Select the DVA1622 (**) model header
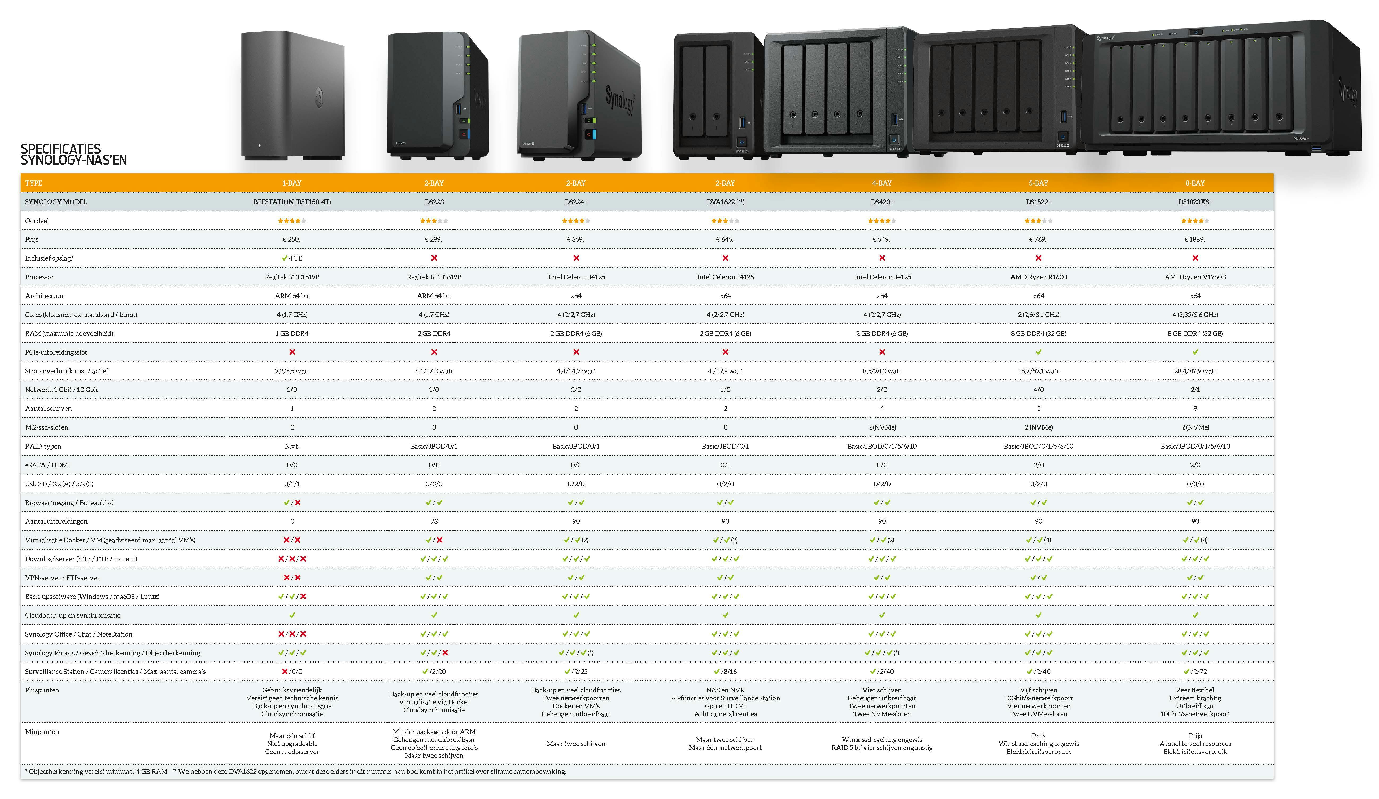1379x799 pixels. pos(725,202)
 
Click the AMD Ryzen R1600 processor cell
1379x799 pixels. pos(1038,277)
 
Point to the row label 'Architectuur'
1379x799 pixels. pos(44,296)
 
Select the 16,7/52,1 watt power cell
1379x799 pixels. pos(1038,371)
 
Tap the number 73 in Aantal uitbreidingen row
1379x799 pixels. pos(434,521)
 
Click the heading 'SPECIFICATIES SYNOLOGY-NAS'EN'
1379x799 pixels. pos(74,154)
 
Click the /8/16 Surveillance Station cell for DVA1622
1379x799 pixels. pos(725,672)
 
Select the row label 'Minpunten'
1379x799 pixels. pos(42,732)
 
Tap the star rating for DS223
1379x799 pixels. pos(434,221)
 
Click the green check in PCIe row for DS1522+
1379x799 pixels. pos(1038,352)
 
